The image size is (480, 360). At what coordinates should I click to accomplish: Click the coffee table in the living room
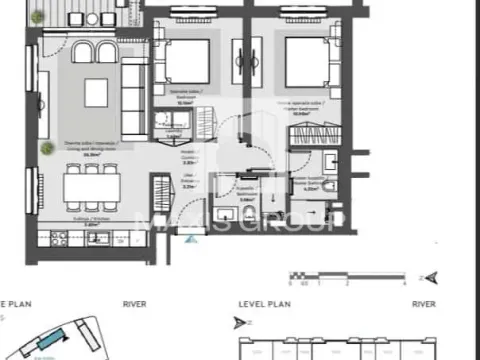pyautogui.click(x=96, y=92)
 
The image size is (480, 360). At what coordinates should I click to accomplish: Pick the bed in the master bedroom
pyautogui.click(x=302, y=61)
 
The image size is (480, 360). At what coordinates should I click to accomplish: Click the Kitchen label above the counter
pyautogui.click(x=92, y=226)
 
